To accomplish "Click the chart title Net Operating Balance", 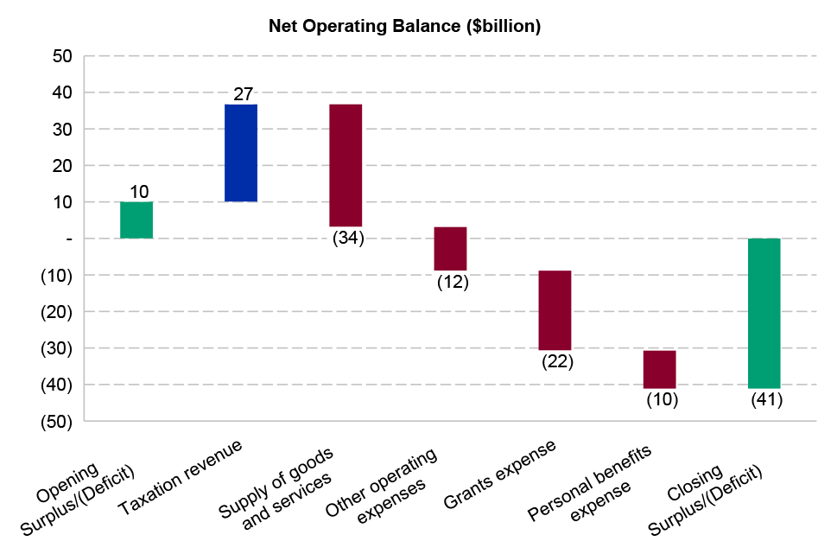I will [x=404, y=27].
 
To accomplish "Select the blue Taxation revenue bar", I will [x=241, y=153].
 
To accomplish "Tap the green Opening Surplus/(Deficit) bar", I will [x=136, y=220].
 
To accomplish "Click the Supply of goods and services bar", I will [x=346, y=165].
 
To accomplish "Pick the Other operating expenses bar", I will [x=450, y=249].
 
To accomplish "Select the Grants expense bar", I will [x=555, y=310].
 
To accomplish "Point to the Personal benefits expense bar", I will [x=660, y=369].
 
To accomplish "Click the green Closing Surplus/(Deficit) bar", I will [x=764, y=313].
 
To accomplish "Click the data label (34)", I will [x=348, y=238].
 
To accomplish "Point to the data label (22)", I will [x=557, y=361].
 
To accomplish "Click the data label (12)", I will [x=453, y=282].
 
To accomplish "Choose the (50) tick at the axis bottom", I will [x=57, y=421].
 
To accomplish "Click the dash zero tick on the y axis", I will [x=67, y=239].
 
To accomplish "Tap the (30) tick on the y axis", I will [x=57, y=348].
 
